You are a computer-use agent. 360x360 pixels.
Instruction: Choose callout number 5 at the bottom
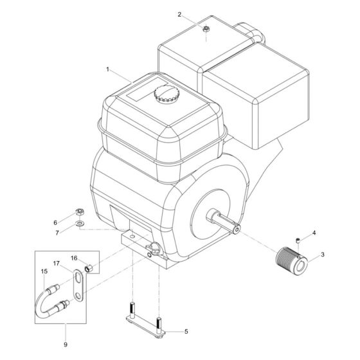click(x=186, y=332)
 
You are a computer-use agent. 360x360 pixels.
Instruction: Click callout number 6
click(x=55, y=222)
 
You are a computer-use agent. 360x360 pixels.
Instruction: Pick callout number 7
click(x=55, y=232)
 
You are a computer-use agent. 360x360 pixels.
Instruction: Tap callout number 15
click(x=44, y=271)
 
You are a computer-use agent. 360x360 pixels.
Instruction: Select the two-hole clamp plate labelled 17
click(x=78, y=285)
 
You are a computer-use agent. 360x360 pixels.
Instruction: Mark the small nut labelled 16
click(x=91, y=265)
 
